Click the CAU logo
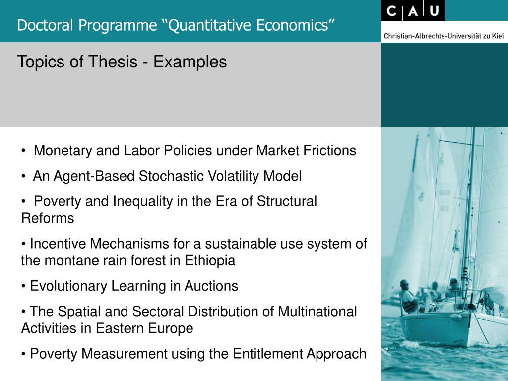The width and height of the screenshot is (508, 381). (413, 11)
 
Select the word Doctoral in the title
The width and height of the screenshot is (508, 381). (45, 25)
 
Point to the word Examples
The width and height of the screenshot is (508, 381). (190, 62)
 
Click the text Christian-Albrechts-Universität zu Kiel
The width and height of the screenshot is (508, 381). (444, 36)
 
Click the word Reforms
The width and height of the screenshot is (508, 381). (48, 218)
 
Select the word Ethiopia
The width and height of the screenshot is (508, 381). (210, 261)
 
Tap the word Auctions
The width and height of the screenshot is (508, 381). (211, 286)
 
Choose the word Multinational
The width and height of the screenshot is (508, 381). (317, 312)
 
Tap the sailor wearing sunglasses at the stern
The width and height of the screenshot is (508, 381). (408, 297)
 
